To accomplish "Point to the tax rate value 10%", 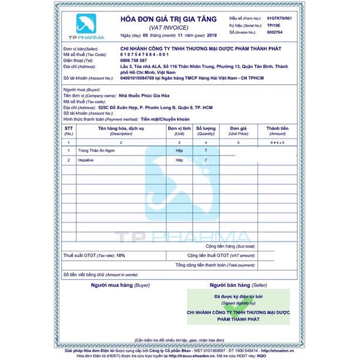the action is click(x=120, y=255).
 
